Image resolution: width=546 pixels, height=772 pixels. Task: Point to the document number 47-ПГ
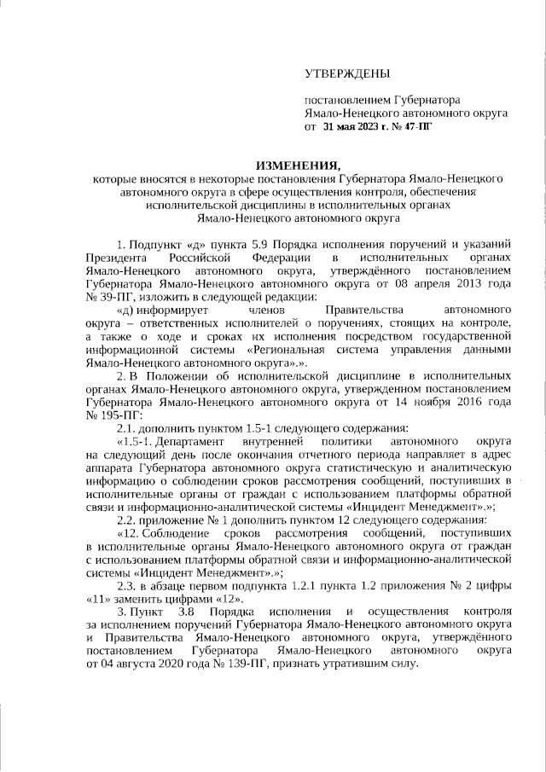416,126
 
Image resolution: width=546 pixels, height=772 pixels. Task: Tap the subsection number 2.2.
125,520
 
